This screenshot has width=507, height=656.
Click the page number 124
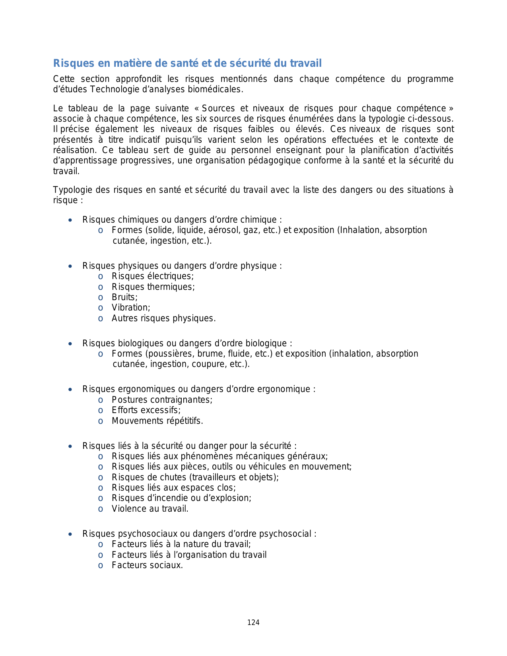(253, 623)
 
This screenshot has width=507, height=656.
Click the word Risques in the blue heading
(68, 63)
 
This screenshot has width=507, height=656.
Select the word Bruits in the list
(124, 297)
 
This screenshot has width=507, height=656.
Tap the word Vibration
(130, 308)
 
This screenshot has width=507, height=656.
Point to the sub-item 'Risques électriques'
(152, 276)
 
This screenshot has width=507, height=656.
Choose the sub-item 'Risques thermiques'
(153, 287)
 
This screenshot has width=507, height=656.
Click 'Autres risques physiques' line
(163, 318)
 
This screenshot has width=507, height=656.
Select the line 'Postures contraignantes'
(162, 400)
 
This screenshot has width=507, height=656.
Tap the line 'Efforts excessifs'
(146, 410)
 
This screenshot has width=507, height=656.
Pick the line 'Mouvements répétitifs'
(157, 421)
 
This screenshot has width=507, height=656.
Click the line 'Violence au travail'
(150, 509)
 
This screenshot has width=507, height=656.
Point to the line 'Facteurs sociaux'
(147, 565)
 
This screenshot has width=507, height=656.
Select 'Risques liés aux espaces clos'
(173, 488)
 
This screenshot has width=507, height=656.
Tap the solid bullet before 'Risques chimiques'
(70, 220)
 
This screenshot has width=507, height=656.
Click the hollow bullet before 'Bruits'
(101, 298)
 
